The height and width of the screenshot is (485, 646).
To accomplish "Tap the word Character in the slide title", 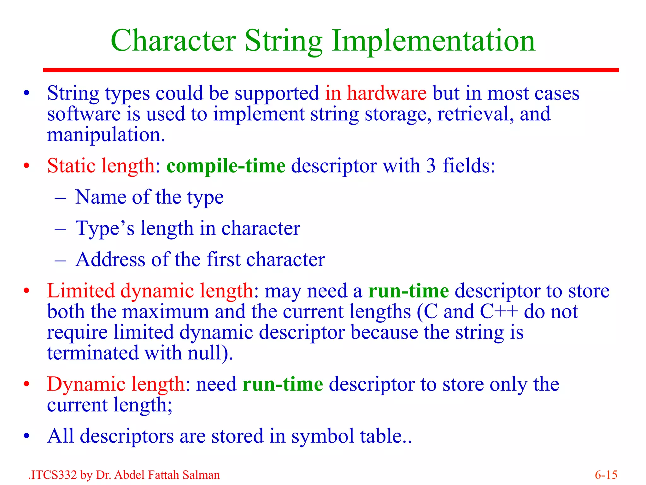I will (x=173, y=41).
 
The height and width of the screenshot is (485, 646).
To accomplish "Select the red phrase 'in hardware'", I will (x=375, y=93).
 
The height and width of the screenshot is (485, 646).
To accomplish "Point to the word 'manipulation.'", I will (x=106, y=135).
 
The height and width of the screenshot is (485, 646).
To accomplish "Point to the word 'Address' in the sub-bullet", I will (x=110, y=260).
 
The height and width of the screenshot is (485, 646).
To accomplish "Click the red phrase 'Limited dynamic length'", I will (x=150, y=291).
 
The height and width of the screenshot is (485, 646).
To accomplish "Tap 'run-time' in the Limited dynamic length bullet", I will (x=408, y=291).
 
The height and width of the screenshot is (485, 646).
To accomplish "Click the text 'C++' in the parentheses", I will (x=499, y=312).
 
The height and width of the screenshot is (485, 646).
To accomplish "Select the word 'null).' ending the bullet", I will (x=210, y=353).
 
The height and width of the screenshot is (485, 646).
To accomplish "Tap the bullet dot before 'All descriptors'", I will (x=26, y=436).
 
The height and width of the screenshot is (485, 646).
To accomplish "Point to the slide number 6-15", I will (x=606, y=475).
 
